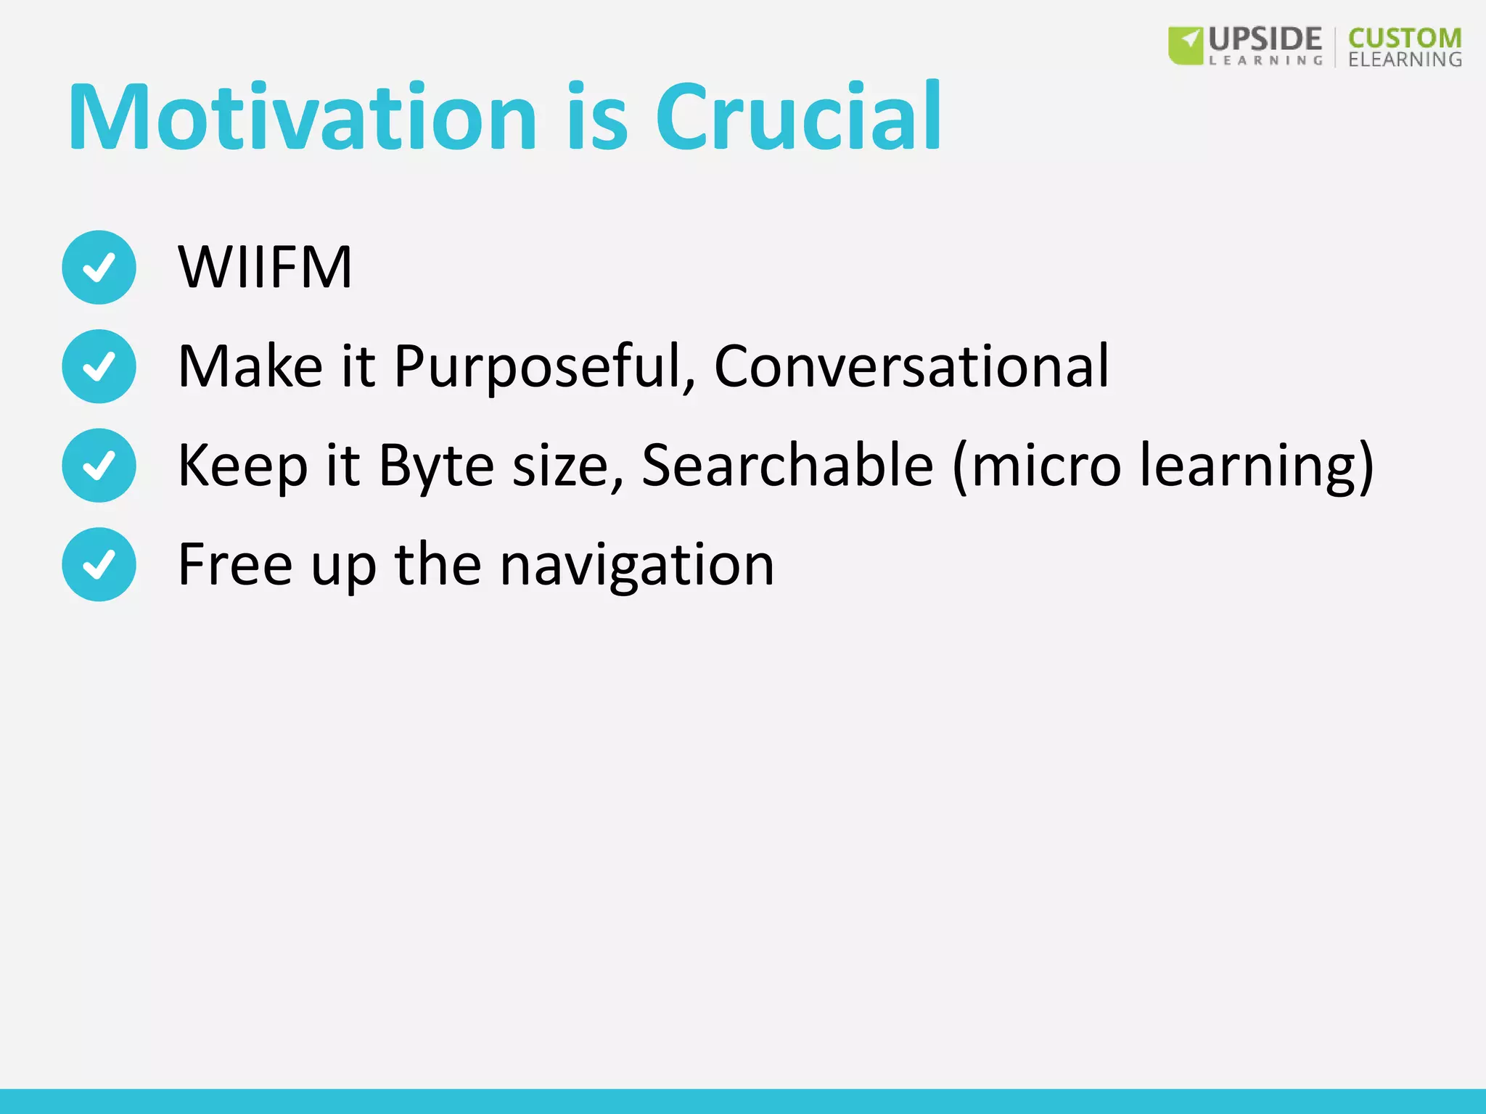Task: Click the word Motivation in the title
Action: point(302,117)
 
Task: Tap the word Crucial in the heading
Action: point(798,117)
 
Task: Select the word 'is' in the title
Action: point(596,117)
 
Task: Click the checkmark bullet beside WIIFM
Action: point(99,267)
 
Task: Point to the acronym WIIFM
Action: point(265,267)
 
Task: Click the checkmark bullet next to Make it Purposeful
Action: point(99,366)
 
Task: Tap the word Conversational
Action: point(911,366)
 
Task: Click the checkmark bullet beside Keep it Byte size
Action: point(99,465)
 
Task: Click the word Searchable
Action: point(787,465)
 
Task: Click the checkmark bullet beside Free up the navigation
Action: point(99,564)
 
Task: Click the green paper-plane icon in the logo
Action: point(1186,46)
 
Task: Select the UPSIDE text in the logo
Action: point(1265,38)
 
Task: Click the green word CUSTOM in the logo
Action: point(1405,38)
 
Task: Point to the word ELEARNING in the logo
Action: point(1405,59)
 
